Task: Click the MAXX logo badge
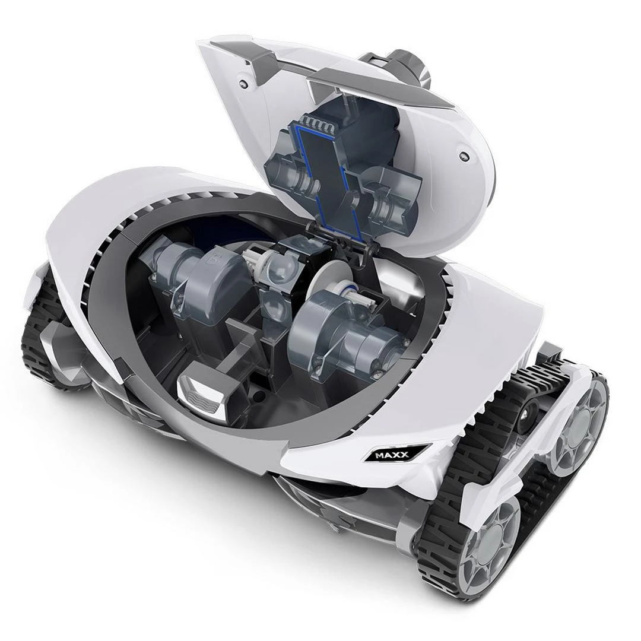[x=391, y=454]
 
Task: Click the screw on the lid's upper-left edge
[x=244, y=84]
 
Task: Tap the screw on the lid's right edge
[x=463, y=156]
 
